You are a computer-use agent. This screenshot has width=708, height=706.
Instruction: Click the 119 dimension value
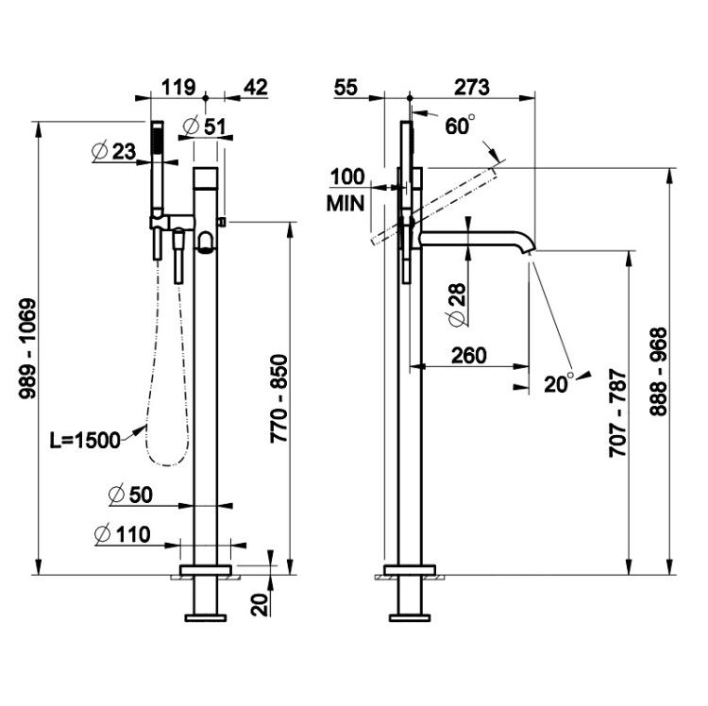(178, 87)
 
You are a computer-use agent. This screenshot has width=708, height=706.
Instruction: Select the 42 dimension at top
(256, 87)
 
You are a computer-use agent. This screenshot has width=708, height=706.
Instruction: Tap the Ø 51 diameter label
(205, 126)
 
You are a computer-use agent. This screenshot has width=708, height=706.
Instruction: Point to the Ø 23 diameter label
(114, 152)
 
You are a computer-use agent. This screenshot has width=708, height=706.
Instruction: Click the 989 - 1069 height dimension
(27, 348)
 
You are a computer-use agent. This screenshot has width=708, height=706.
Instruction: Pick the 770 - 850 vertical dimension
(278, 398)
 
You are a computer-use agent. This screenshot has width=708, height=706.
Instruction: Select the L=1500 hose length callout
(85, 440)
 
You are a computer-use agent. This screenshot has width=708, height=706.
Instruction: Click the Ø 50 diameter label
(131, 495)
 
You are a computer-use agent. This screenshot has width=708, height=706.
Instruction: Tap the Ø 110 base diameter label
(123, 534)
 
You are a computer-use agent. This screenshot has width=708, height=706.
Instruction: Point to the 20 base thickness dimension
(261, 605)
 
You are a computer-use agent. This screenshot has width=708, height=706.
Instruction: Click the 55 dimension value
(346, 87)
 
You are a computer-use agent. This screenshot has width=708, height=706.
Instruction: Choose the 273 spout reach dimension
(472, 87)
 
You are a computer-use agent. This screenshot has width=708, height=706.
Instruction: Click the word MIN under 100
(346, 204)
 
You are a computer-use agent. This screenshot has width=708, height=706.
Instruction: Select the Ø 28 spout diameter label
(457, 304)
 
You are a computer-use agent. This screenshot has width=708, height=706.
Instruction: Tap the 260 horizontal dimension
(469, 356)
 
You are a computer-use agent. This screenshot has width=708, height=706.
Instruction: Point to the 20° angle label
(559, 383)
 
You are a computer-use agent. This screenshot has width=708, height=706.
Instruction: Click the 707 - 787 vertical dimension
(618, 413)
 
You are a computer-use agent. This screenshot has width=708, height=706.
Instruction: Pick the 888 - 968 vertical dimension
(658, 372)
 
